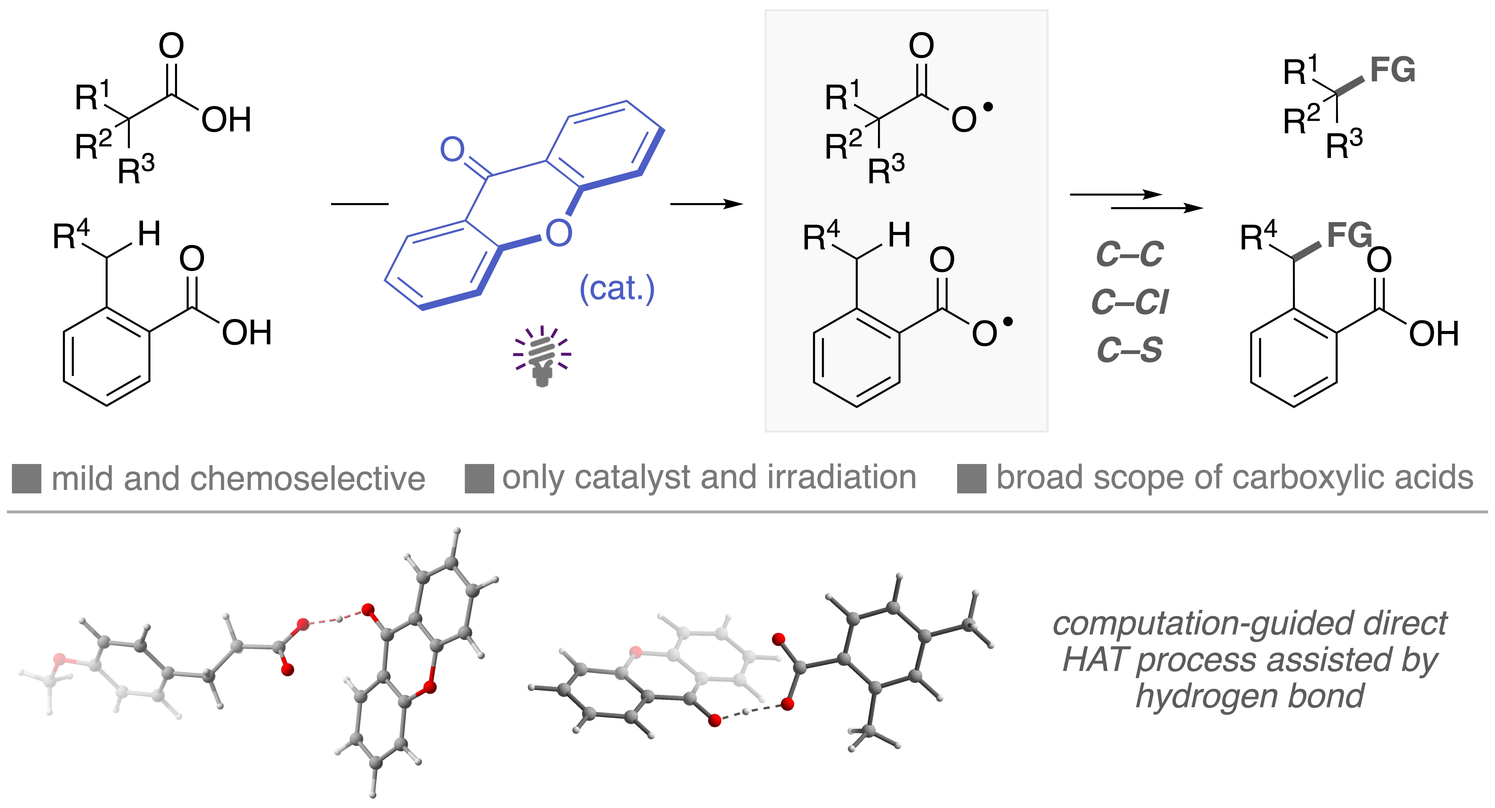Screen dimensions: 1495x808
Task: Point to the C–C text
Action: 1129,254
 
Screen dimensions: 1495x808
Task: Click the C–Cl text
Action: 1129,302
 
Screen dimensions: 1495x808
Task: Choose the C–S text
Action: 1129,350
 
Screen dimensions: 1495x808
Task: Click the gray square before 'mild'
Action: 27,479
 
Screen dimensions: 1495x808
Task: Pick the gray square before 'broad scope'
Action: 971,479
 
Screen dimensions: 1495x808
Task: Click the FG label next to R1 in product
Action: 1393,70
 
